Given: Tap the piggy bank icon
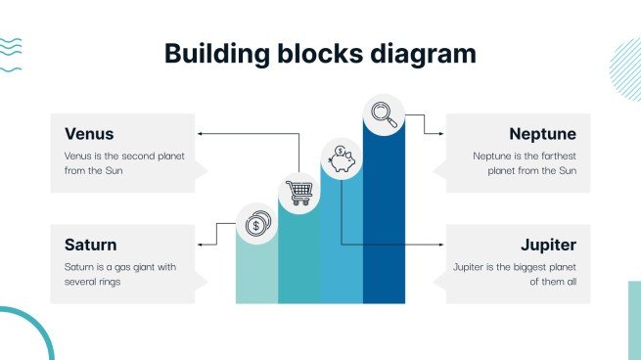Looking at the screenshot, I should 342,158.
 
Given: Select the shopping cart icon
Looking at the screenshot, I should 298,191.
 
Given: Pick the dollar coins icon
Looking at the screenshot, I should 256,225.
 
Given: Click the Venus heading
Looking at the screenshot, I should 89,134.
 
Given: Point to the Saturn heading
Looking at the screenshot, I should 91,245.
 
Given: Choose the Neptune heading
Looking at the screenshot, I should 542,134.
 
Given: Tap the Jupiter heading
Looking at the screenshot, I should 548,245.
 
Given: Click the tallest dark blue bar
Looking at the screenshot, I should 384,225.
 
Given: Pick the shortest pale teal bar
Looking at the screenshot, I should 256,274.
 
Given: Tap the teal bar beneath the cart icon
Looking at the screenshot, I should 298,259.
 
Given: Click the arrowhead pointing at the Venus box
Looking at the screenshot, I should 200,132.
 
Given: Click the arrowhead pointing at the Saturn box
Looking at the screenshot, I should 200,244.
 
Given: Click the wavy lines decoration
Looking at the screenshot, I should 11,56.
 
